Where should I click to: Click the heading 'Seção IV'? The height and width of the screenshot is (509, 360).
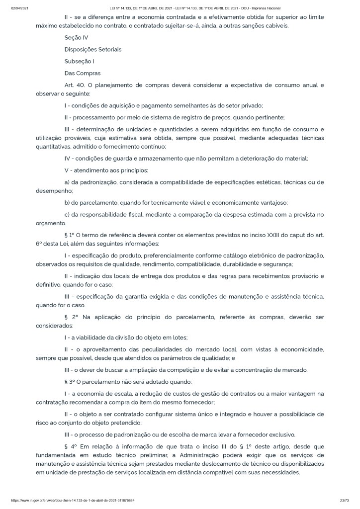coord(76,37)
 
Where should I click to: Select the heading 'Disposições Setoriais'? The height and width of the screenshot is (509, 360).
coord(93,50)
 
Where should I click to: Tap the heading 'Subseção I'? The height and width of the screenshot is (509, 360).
coord(79,62)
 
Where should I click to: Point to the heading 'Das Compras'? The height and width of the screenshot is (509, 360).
coord(83,74)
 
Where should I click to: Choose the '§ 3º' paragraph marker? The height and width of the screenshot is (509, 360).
coord(71,382)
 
